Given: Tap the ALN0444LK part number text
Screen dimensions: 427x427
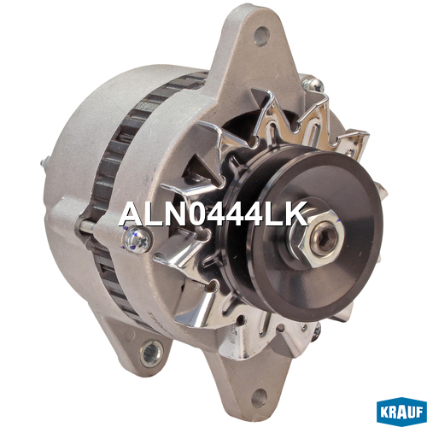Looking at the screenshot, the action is click(213, 214).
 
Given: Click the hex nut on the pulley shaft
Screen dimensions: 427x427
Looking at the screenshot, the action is click(319, 238).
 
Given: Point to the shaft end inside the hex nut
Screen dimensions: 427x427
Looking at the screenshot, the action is click(324, 240).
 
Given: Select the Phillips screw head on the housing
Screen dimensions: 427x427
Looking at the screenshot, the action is click(137, 240).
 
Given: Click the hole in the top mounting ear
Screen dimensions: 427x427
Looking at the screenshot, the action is click(261, 36).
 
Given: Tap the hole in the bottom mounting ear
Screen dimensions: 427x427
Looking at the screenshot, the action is click(260, 398).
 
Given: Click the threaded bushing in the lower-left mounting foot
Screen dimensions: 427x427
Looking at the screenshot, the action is click(151, 354).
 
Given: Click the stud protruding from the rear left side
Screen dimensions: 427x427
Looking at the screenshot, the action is click(45, 162).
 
